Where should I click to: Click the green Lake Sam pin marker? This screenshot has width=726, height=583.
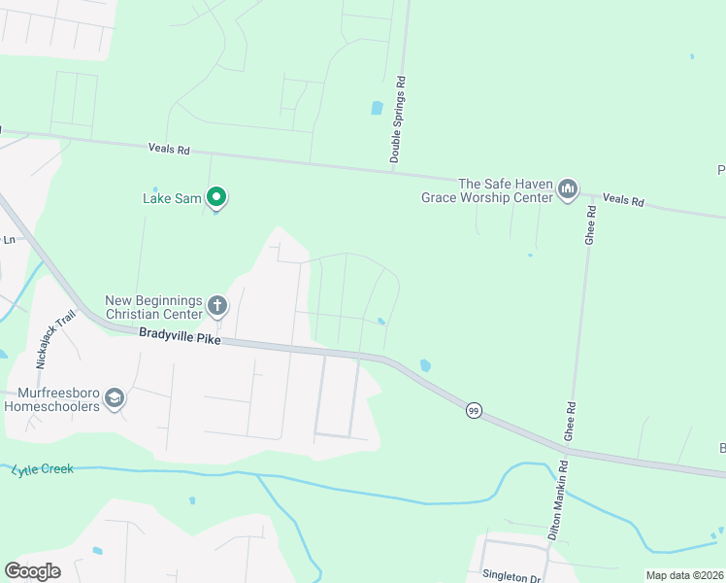217,197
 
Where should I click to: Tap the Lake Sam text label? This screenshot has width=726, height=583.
172,199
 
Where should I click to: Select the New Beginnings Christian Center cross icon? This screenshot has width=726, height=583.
216,307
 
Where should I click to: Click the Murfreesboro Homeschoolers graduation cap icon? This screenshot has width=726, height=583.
115,398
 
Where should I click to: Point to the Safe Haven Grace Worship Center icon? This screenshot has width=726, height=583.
569,189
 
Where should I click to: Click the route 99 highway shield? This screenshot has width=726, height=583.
473,410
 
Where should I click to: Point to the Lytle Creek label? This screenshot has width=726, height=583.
43,469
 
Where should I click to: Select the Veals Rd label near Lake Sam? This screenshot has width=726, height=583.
169,150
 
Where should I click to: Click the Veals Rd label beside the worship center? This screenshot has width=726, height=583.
623,200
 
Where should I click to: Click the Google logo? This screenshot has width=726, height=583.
32,570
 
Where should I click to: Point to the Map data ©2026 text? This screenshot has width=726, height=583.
684,575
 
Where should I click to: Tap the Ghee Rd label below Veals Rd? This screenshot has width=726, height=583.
590,225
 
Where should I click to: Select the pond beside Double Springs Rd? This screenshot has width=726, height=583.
377,108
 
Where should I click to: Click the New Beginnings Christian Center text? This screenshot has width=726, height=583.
154,307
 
